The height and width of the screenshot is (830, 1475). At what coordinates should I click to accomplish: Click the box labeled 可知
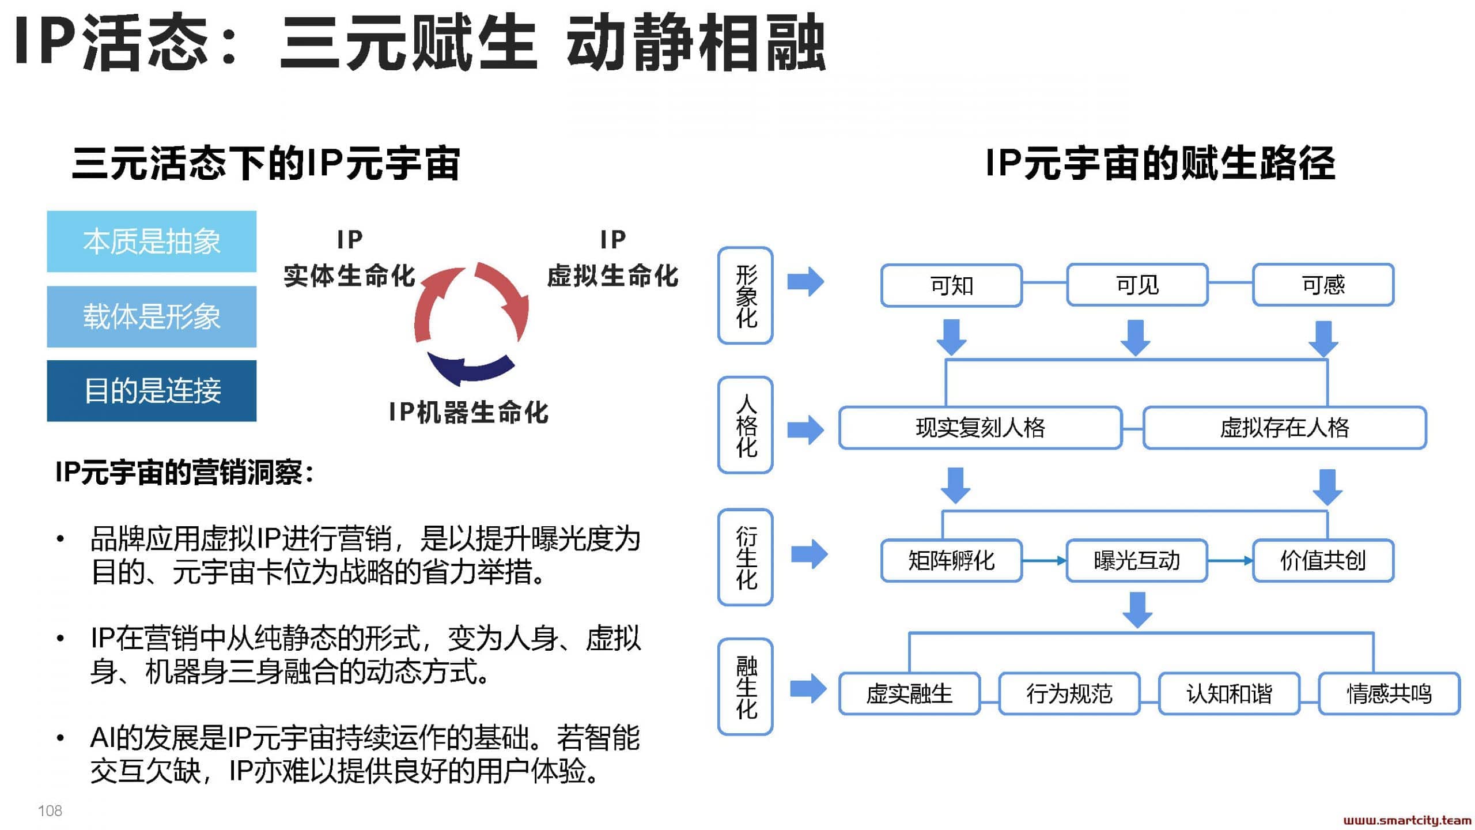pos(951,285)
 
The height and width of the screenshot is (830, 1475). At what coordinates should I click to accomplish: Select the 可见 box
pos(1137,285)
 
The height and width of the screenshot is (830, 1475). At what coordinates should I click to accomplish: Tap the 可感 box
pos(1323,285)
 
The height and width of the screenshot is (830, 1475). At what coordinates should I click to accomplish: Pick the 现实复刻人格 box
pos(981,428)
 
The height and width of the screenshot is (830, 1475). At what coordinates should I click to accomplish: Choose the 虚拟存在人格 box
pos(1285,428)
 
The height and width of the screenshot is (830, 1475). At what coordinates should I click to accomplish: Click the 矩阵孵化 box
pos(951,560)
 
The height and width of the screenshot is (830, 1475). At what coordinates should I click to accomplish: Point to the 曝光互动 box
pos(1137,560)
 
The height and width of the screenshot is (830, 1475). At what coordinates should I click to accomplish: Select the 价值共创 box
pos(1323,560)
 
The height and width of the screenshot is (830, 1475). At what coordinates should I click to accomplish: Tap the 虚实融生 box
pos(909,693)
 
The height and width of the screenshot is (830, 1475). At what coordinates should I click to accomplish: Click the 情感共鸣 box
pos(1389,693)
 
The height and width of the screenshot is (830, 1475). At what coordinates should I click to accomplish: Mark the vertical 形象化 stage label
pos(746,296)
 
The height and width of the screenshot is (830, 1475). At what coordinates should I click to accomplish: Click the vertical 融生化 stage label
pos(746,686)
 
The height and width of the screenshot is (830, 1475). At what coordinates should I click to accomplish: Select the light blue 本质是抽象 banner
pos(152,242)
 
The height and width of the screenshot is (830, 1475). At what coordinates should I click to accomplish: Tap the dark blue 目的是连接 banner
pos(152,391)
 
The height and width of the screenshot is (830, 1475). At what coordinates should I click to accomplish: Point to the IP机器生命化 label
pos(468,413)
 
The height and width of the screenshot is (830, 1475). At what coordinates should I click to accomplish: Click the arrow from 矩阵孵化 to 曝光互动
pos(1044,560)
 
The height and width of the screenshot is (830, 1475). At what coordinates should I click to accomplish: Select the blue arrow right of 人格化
pos(805,430)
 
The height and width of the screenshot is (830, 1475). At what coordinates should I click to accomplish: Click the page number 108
pos(50,811)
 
